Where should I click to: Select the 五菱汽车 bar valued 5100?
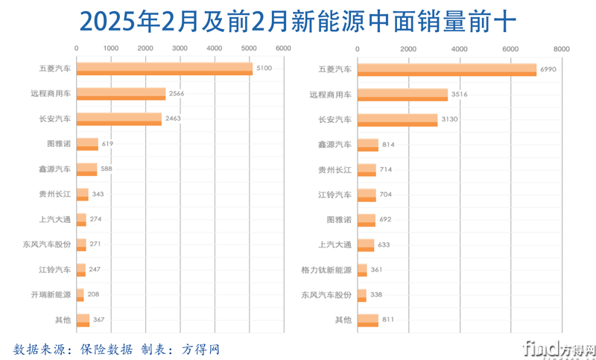point(164,69)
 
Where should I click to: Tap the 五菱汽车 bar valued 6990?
point(447,69)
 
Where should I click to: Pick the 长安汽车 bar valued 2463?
point(118,119)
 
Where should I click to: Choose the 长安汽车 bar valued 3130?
point(398,119)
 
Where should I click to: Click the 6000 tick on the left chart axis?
point(282,48)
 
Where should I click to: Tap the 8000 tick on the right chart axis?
point(561,48)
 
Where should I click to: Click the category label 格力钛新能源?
point(326,269)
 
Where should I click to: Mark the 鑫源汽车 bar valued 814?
point(368,144)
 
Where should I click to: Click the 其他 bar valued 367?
point(83,320)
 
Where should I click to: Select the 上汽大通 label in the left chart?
point(55,219)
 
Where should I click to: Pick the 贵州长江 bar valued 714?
point(367,169)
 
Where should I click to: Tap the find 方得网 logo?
point(558,347)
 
